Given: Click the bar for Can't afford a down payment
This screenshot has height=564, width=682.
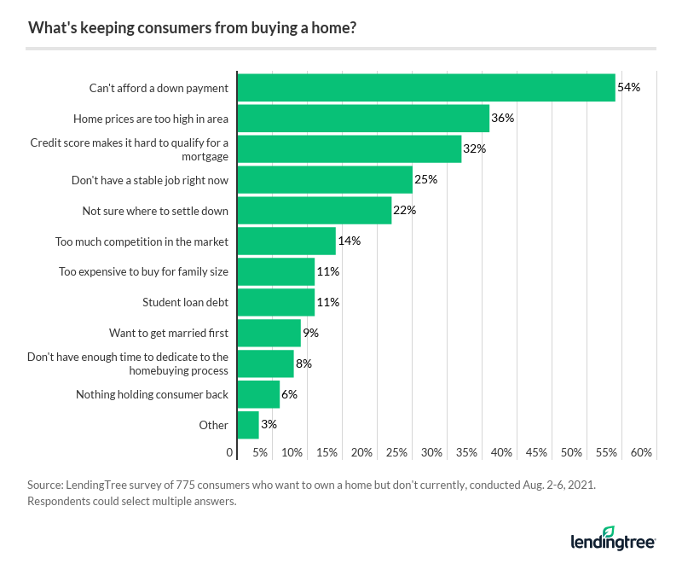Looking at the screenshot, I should [425, 87].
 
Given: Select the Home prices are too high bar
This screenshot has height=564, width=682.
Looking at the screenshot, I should [362, 118].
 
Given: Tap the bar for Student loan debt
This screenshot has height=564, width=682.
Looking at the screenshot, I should [275, 302].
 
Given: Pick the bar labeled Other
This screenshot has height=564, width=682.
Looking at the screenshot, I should [247, 425].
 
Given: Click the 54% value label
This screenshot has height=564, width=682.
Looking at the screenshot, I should [628, 87].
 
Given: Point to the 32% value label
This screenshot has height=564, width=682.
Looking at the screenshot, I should [475, 148].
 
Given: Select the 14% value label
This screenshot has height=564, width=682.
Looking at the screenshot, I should [350, 241].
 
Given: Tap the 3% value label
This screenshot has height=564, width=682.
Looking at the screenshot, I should [269, 425].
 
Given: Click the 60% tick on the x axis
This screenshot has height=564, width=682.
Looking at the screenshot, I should [641, 451].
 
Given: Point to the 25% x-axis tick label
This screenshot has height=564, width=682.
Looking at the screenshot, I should [396, 451].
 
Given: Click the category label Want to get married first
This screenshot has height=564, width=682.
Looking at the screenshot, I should [169, 333].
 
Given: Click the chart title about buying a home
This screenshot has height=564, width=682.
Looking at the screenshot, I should [193, 28].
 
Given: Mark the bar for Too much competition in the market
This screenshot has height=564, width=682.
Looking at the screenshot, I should [286, 241].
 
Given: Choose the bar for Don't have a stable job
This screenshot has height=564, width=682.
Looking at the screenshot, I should [324, 179].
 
